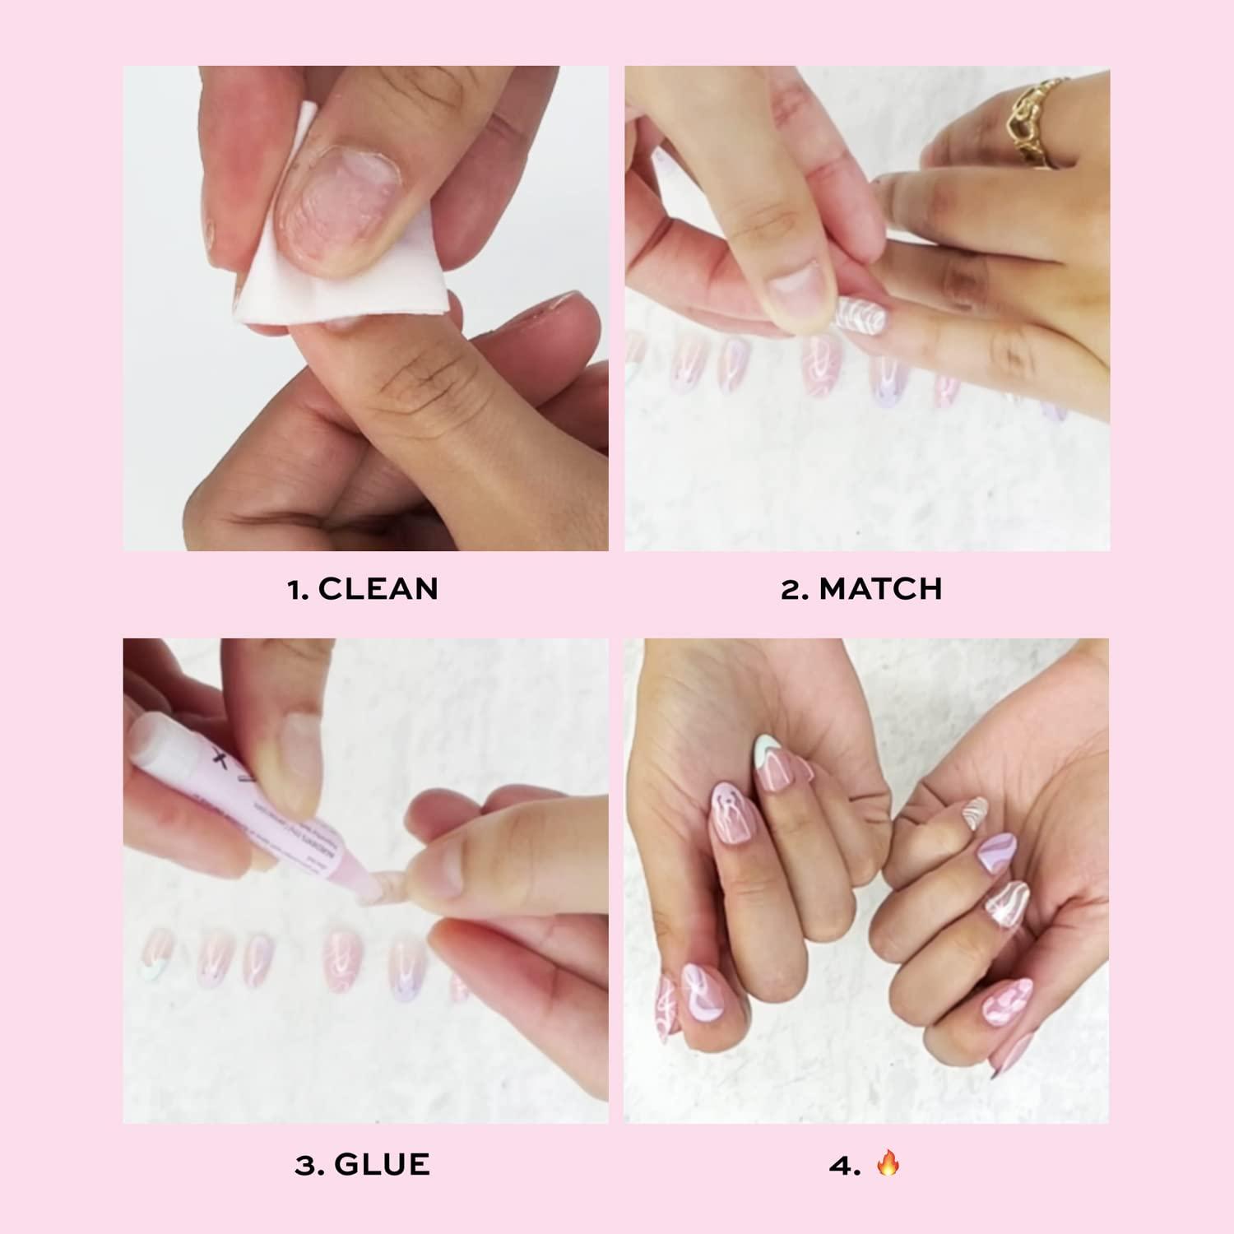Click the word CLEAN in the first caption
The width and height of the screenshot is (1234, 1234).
pyautogui.click(x=378, y=589)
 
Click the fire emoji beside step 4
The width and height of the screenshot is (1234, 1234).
pyautogui.click(x=888, y=1164)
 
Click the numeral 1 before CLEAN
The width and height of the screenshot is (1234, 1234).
pyautogui.click(x=296, y=589)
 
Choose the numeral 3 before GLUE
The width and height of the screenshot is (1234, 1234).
pyautogui.click(x=304, y=1165)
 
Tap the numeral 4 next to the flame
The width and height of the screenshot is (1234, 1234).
pyautogui.click(x=840, y=1165)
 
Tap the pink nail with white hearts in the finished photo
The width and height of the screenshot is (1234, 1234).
pyautogui.click(x=1008, y=1000)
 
